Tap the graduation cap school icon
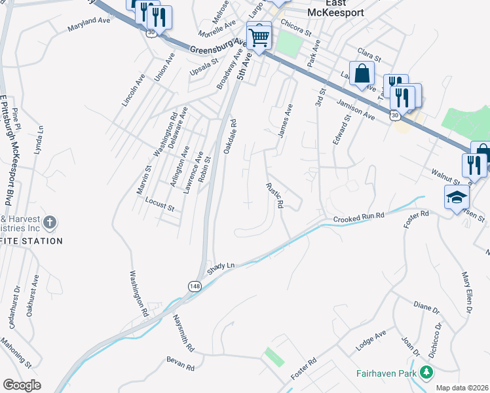(457, 197)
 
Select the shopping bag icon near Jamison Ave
(362, 75)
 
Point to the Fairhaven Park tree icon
(426, 373)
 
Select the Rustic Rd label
(274, 195)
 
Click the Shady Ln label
(221, 267)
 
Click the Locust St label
(160, 207)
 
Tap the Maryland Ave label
(89, 25)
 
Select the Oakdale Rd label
(229, 136)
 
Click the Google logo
(22, 384)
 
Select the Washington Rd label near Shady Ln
(139, 294)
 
